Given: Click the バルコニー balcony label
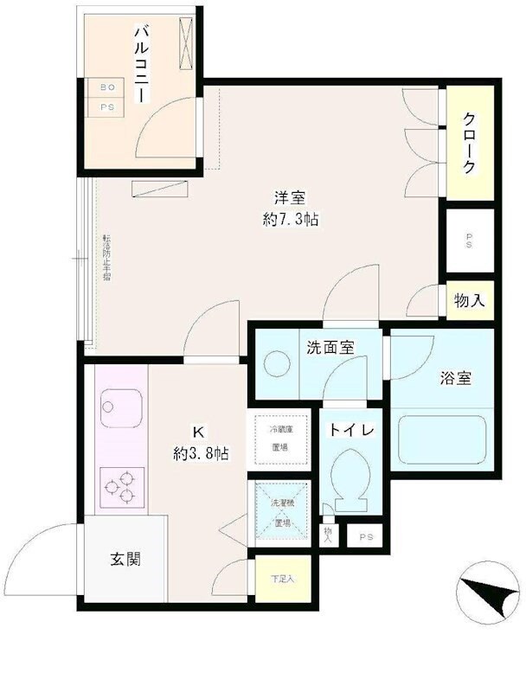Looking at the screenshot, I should tap(142, 67).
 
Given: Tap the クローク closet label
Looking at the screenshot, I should tap(468, 144).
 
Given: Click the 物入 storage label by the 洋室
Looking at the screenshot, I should tap(469, 301).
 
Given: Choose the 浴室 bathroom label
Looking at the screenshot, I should tap(455, 377).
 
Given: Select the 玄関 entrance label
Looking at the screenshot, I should tap(125, 559).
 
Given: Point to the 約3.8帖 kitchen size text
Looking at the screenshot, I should tap(201, 452).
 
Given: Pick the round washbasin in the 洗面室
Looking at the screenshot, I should tap(278, 364).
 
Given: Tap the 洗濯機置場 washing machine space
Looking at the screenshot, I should tap(280, 513).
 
